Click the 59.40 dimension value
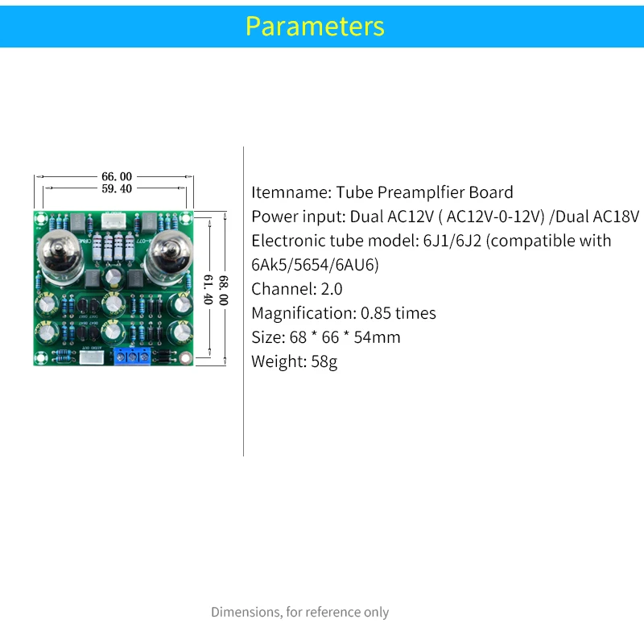point(116,188)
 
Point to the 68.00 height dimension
point(223,288)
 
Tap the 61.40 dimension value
point(208,288)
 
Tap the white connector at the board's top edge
point(114,220)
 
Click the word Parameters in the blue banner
point(315,26)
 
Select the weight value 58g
point(324,361)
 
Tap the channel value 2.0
point(332,289)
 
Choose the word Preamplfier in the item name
point(422,192)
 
